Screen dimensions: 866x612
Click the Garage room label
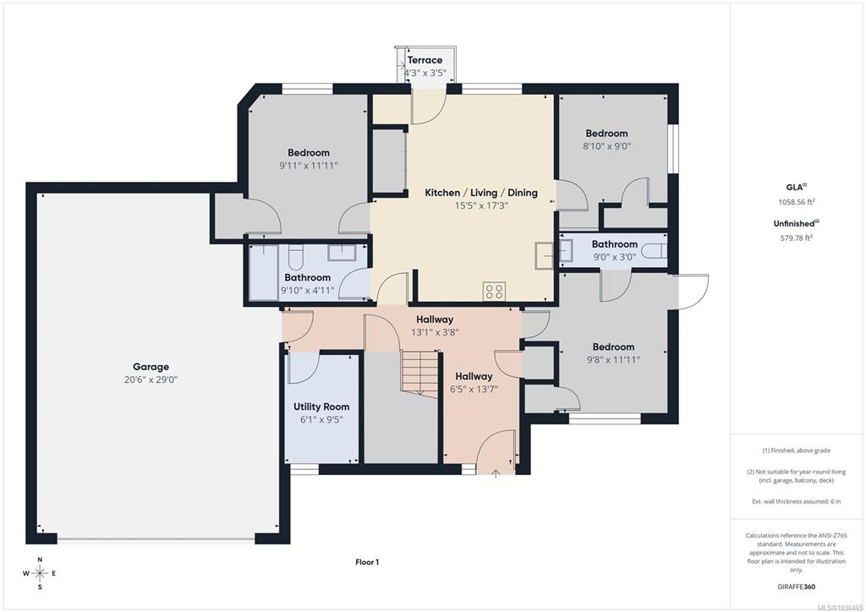pos(151,366)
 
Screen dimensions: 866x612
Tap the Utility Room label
pos(321,407)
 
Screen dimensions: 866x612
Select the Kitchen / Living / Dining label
pos(481,193)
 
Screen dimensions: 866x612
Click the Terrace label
pos(425,60)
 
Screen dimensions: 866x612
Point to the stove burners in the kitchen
pos(494,292)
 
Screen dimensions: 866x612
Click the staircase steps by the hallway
pos(420,373)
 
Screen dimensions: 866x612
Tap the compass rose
pos(40,573)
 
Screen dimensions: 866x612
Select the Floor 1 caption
pos(367,562)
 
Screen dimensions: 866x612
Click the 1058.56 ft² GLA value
pos(797,202)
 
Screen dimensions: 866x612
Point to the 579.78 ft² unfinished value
pos(797,238)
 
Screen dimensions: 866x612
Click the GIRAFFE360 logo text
pos(797,587)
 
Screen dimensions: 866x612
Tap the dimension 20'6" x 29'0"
pos(151,380)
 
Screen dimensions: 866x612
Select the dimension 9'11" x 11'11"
pos(308,166)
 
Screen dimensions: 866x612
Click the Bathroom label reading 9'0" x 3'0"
pos(615,244)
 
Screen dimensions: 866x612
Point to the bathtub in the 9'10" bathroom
pos(264,273)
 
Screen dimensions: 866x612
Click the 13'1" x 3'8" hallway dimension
pos(435,332)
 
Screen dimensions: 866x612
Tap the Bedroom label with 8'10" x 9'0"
pos(606,133)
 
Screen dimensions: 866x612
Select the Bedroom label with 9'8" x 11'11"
pos(614,347)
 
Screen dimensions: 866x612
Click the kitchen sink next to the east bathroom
pos(544,255)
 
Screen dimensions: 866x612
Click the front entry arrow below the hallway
pos(496,473)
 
